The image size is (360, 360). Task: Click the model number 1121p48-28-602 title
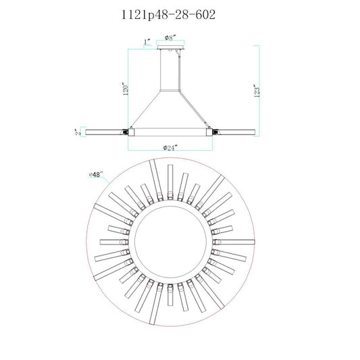pyautogui.click(x=168, y=15)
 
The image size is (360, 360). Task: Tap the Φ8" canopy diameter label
pyautogui.click(x=170, y=37)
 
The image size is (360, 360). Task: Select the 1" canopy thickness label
pyautogui.click(x=147, y=42)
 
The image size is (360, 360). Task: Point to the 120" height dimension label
pyautogui.click(x=126, y=89)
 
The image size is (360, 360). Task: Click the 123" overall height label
pyautogui.click(x=257, y=91)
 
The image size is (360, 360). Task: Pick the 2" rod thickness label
pyautogui.click(x=78, y=132)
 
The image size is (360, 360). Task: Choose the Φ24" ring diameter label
pyautogui.click(x=170, y=148)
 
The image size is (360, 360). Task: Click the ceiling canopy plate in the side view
pyautogui.click(x=171, y=47)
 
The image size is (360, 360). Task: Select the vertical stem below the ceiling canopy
pyautogui.click(x=170, y=70)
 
